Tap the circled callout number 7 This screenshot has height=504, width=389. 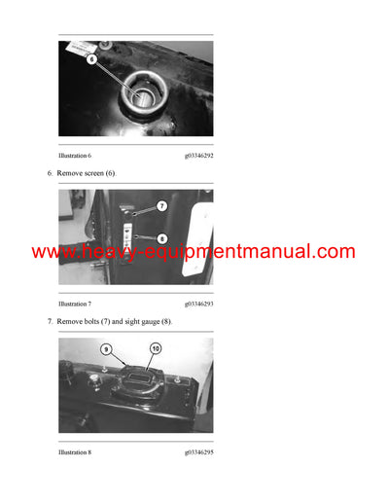(161, 206)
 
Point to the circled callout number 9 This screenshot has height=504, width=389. (107, 349)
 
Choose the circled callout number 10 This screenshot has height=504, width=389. (155, 348)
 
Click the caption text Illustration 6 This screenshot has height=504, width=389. (75, 154)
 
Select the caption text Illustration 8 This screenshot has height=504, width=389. (75, 452)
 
